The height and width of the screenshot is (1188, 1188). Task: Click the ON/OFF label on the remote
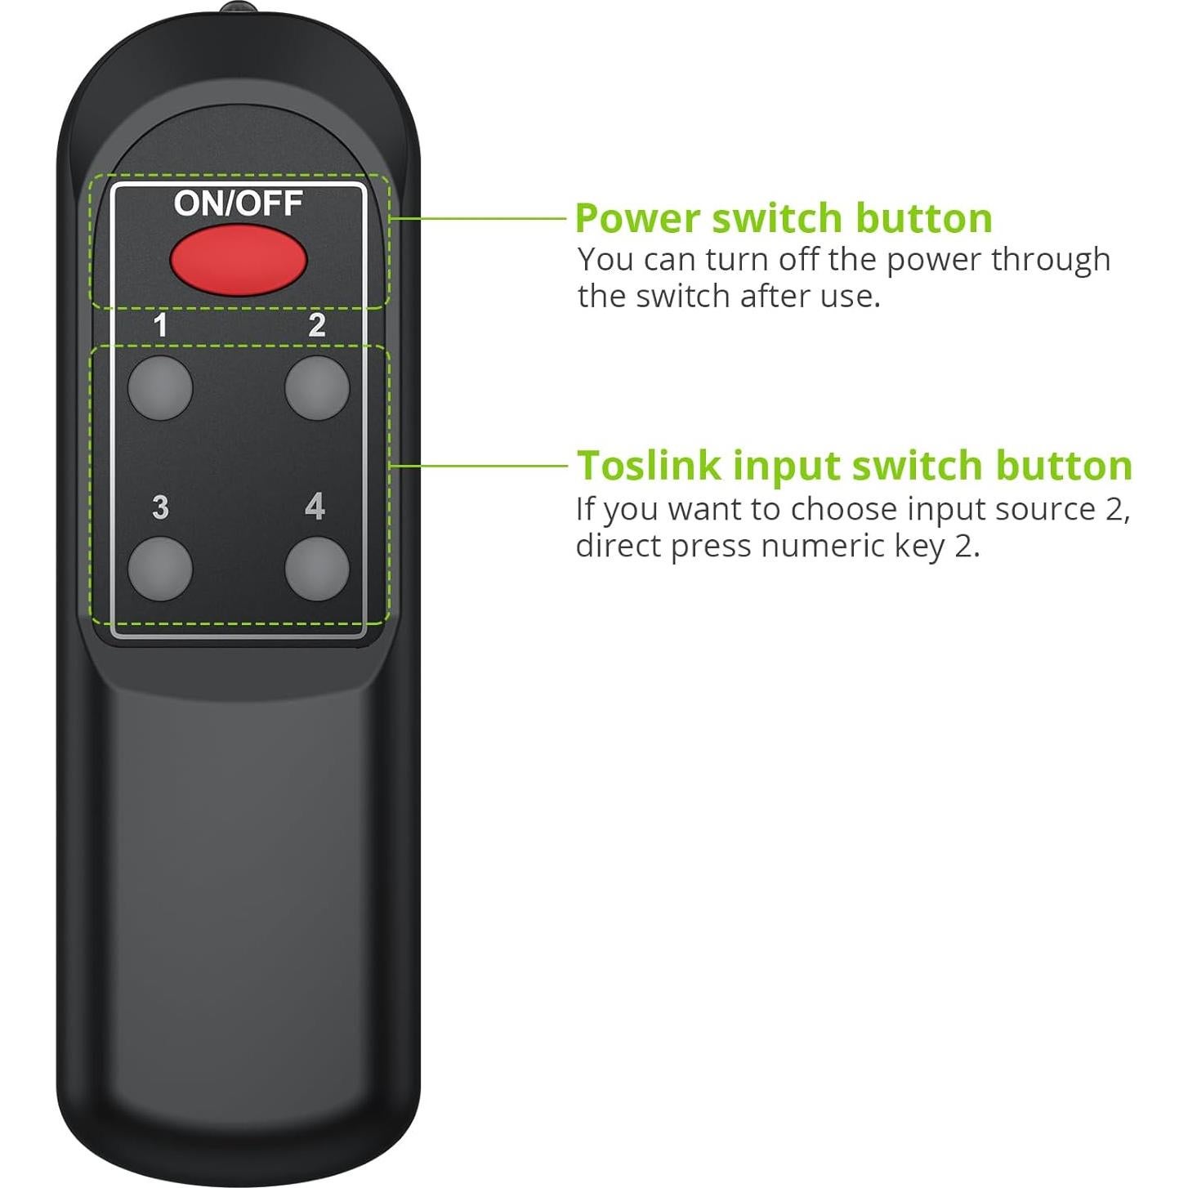tap(238, 203)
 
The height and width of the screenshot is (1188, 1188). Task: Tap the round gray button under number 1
tap(160, 388)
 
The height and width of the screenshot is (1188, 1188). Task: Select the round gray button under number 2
tap(317, 388)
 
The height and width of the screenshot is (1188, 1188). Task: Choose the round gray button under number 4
tap(317, 569)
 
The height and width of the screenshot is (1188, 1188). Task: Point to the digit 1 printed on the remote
tap(160, 326)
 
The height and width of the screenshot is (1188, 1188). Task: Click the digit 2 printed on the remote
tap(317, 326)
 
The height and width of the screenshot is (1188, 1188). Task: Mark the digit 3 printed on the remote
tap(160, 507)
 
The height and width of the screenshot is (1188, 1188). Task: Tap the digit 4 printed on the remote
tap(315, 507)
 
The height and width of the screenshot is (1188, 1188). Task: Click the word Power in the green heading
tap(637, 219)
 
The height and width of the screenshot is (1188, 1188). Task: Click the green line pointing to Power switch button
tap(478, 218)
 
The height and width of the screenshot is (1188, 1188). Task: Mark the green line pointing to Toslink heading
tap(478, 466)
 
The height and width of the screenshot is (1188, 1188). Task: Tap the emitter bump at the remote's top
tap(237, 9)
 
